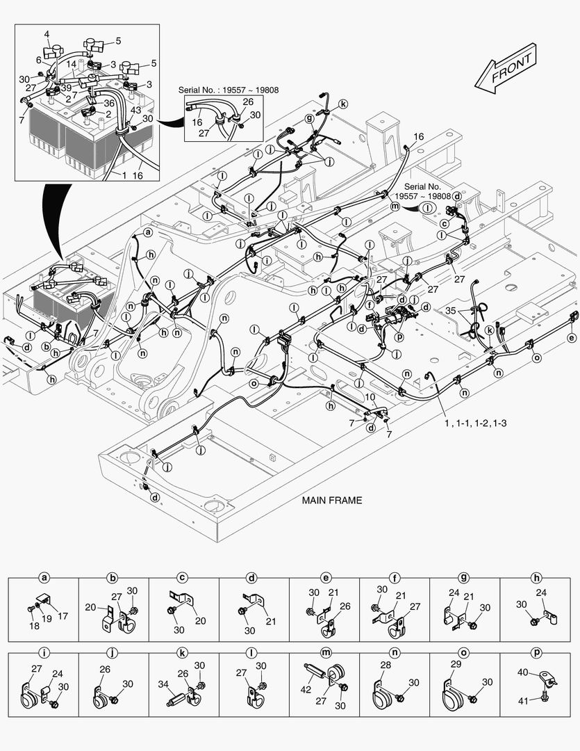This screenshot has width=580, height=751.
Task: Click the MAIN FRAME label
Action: [x=331, y=500]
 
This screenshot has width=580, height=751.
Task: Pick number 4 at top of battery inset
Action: [x=47, y=33]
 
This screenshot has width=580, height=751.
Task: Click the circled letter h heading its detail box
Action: [x=535, y=578]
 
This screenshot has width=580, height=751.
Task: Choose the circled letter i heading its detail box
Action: [x=44, y=653]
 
